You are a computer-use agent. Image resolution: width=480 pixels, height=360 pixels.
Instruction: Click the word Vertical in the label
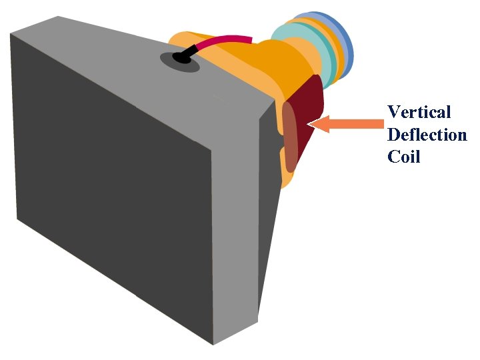(x=419, y=112)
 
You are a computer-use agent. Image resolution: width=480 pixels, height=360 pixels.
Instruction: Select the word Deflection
(x=427, y=135)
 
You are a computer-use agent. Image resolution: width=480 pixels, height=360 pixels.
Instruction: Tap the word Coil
(x=403, y=157)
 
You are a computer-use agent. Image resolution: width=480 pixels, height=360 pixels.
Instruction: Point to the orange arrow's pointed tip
(x=311, y=124)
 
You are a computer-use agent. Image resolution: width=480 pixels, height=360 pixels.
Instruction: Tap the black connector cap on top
(x=181, y=57)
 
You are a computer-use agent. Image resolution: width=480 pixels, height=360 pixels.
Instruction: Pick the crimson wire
(x=227, y=41)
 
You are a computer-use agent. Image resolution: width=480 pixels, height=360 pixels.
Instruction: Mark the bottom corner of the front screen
(x=213, y=344)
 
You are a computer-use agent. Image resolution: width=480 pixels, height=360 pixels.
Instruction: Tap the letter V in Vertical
(x=393, y=112)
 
